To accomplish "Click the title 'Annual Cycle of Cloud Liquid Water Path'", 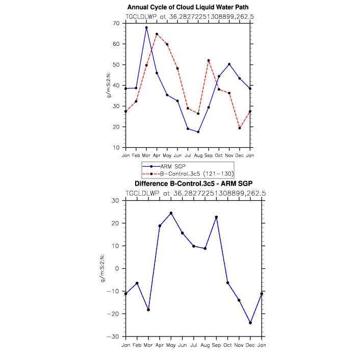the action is (188, 7).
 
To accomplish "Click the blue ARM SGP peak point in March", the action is (146, 28).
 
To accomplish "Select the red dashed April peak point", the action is (157, 34).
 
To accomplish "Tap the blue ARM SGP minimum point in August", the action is (198, 132).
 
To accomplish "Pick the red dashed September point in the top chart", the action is (209, 61).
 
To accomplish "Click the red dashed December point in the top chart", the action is (240, 128).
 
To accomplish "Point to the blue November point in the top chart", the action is (229, 64).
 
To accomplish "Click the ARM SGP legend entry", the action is (164, 166).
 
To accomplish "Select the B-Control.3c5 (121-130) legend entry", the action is (188, 174).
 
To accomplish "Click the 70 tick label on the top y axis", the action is (116, 23).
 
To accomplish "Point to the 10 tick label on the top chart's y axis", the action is (116, 148).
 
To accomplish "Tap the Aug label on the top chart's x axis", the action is (198, 156).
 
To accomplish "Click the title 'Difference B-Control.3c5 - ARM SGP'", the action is (194, 184).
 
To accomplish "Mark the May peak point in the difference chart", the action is (171, 213).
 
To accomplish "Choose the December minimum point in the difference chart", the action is (250, 323).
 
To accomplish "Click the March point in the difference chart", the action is (148, 310).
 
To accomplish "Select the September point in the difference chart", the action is (216, 217).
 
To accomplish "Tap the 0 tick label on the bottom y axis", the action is (117, 268).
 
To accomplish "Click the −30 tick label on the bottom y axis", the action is (113, 337).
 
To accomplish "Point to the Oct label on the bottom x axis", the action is (227, 345).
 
